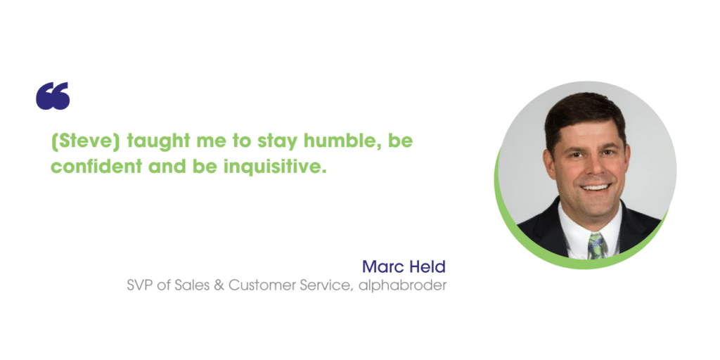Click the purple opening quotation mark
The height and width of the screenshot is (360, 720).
(x=53, y=96)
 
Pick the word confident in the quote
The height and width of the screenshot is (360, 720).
(x=96, y=166)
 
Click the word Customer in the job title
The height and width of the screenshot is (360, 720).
(x=262, y=285)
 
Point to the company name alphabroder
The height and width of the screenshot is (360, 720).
(x=403, y=285)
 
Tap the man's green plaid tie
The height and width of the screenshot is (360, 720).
(x=597, y=245)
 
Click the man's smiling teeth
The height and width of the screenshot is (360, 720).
(x=596, y=187)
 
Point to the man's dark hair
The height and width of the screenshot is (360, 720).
(x=584, y=115)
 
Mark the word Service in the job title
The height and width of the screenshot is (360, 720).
(x=326, y=285)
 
